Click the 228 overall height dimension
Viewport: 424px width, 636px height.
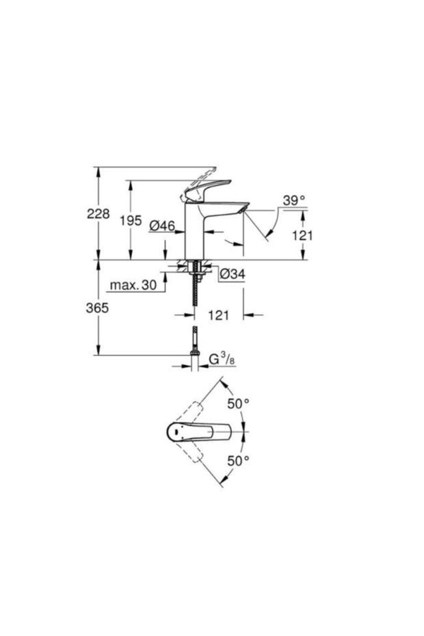coord(98,213)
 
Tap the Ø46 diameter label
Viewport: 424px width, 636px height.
coord(162,225)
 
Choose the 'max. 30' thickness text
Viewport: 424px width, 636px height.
coord(133,285)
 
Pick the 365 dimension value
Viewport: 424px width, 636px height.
coord(98,308)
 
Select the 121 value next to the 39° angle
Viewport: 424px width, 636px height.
coord(302,235)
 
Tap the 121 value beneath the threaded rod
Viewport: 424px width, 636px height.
coord(218,315)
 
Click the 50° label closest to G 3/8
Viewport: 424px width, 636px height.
coord(238,403)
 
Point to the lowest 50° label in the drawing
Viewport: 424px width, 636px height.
coord(238,461)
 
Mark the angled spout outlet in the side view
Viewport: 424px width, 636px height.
coord(242,209)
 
